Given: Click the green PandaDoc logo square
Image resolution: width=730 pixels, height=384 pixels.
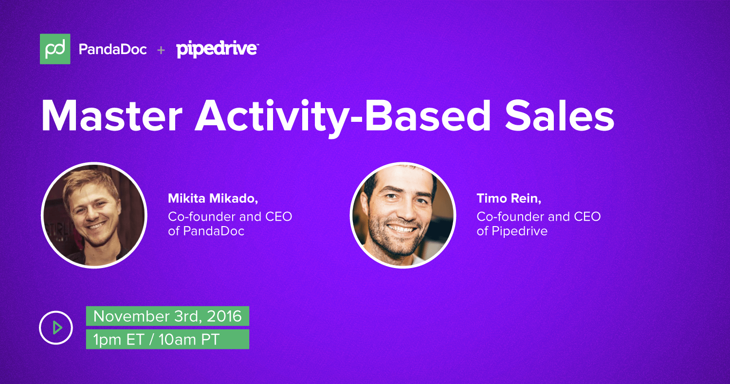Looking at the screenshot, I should click(55, 49).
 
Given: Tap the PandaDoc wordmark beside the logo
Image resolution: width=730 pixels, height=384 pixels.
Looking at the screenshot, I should click(112, 50).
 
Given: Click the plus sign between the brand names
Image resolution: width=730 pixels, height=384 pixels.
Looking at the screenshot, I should click(161, 50).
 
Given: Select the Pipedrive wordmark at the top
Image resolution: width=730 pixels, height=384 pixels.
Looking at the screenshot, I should click(217, 50).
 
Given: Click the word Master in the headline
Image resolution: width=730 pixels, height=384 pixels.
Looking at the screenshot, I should click(113, 116).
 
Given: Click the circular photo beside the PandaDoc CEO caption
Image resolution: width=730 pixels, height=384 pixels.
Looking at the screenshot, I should click(94, 215).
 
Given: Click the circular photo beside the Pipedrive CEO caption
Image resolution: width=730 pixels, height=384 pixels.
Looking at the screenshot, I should click(402, 215).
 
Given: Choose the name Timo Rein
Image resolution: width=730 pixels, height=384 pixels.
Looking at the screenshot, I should click(509, 198).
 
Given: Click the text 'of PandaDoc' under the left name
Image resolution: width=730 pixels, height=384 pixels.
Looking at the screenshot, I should click(206, 231).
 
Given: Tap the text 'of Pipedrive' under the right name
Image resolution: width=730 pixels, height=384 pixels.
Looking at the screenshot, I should click(512, 231).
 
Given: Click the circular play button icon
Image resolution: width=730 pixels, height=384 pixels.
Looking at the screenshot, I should click(56, 327).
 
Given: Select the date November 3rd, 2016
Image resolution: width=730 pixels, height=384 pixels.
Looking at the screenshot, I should click(167, 316).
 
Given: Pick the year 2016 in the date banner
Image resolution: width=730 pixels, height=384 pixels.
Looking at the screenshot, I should click(223, 316).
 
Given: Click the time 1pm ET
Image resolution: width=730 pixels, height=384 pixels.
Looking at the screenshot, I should click(118, 340).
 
